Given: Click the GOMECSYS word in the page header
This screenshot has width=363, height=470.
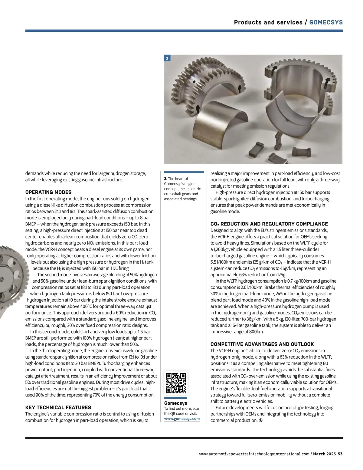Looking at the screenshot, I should click(326, 22).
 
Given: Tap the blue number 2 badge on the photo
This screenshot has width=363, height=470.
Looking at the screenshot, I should click(167, 58).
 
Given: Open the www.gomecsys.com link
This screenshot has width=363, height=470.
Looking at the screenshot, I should click(182, 419).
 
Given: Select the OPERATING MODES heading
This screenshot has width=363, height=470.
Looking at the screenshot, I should click(48, 192).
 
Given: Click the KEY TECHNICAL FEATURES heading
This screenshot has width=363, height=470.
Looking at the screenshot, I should click(58, 407).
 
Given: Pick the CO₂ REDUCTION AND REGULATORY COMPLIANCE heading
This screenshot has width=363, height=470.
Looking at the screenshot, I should click(269, 224).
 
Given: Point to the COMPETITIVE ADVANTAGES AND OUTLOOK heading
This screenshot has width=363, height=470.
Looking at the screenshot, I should click(262, 344).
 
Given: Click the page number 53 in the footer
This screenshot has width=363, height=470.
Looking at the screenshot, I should click(340, 454).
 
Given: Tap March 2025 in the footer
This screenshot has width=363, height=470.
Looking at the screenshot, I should click(324, 454).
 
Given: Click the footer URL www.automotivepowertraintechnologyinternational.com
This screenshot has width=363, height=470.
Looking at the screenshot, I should click(254, 454).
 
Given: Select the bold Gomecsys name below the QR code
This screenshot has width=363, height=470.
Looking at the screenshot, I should click(175, 403).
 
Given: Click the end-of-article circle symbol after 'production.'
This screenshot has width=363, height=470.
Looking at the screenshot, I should click(261, 420).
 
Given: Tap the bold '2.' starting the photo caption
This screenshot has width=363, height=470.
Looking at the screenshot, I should click(165, 179).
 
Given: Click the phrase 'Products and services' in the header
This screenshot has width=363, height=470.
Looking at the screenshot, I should click(268, 22).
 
